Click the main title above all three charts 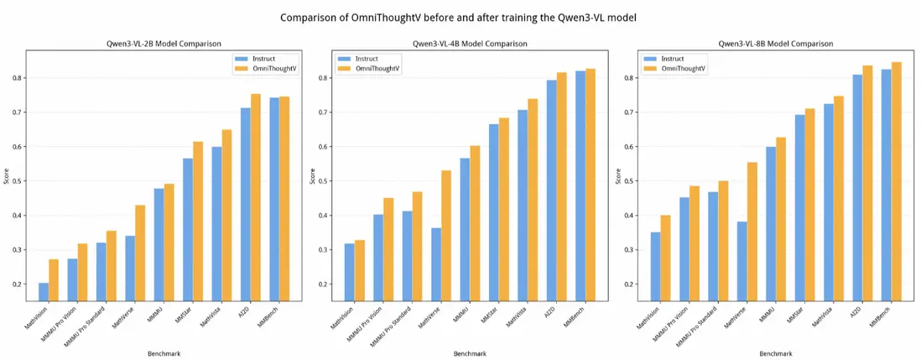pos(460,16)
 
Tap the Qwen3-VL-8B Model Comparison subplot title pos(776,43)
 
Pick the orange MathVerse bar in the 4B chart pos(446,236)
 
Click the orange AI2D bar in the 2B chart pos(256,197)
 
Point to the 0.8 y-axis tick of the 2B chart pos(17,78)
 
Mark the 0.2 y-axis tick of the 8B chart pos(630,284)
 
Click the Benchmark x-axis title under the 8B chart pos(776,353)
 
